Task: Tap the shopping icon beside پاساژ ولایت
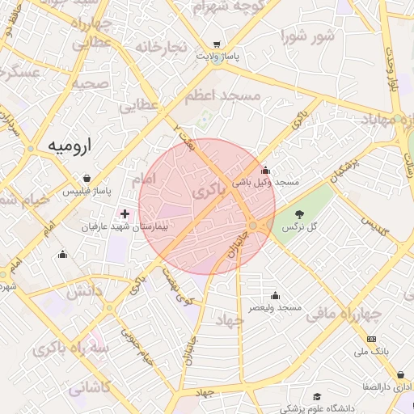pos(216,45)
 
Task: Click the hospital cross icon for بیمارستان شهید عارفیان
pos(125,214)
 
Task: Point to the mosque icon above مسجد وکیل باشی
pos(266,170)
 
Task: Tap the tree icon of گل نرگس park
pos(300,214)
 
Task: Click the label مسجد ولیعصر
pos(275,308)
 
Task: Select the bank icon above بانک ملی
pos(371,339)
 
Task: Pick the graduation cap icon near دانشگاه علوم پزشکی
pos(318,396)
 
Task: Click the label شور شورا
pos(308,36)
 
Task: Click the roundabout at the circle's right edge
pos(254,225)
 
